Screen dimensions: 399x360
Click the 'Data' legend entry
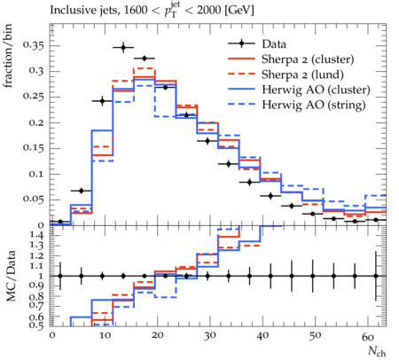(274, 44)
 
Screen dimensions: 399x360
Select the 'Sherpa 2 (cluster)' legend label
(308, 59)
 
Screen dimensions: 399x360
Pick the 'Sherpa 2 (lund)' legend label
(302, 74)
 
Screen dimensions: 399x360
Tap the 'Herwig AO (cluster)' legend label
(316, 90)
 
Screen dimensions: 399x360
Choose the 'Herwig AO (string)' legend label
(314, 105)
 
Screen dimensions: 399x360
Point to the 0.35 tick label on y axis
(34, 45)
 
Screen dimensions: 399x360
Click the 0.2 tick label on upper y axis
(36, 122)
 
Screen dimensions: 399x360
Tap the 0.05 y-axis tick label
(34, 199)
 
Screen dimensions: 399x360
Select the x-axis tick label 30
(209, 335)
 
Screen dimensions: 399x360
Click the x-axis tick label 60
(368, 337)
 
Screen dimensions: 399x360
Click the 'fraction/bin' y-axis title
(8, 56)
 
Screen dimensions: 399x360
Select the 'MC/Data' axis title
(11, 276)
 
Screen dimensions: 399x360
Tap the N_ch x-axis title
(377, 352)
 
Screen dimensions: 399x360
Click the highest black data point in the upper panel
(123, 47)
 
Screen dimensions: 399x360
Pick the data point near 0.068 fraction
(82, 191)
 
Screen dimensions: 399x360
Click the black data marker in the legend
(241, 43)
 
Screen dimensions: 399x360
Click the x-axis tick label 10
(105, 335)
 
